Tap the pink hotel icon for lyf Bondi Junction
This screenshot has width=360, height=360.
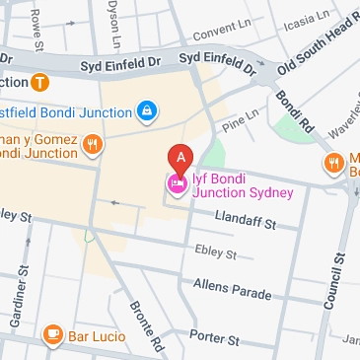pos(177,183)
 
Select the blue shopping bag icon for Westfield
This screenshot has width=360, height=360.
pos(146,109)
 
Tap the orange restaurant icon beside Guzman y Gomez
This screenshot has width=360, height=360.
pos(92,146)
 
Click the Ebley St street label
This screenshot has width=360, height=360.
pos(216,254)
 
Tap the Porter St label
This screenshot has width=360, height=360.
pos(214,336)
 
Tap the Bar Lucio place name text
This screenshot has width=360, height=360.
pos(97,337)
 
